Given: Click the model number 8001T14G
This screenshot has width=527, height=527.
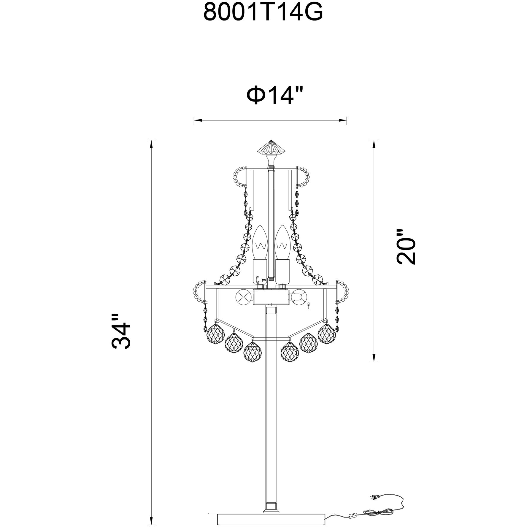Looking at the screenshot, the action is click(x=263, y=12).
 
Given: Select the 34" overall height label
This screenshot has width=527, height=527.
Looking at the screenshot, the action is click(x=121, y=331).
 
